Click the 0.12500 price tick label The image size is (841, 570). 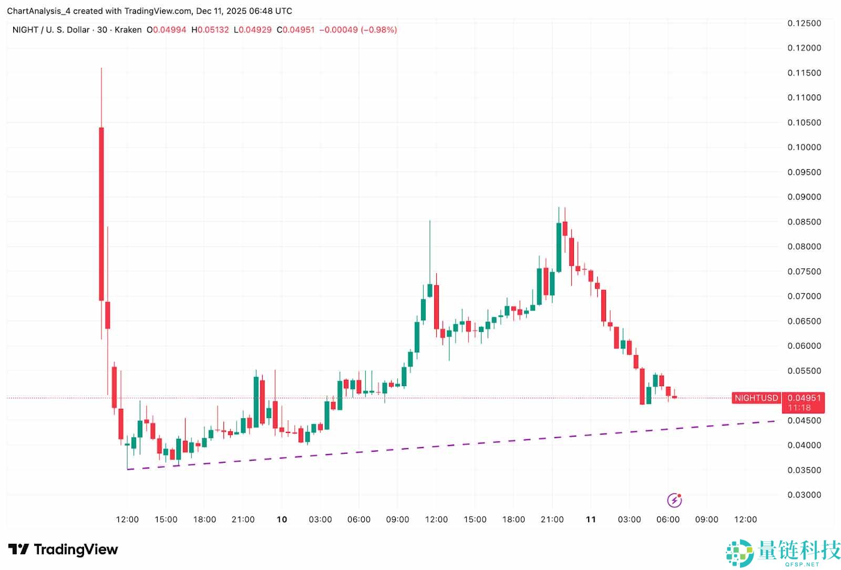point(804,23)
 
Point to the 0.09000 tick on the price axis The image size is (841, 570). point(804,197)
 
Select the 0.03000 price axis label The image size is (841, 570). point(804,495)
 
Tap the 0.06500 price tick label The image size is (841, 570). point(804,321)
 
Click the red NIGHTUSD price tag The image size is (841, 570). point(756,398)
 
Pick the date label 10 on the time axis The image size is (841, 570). point(282,520)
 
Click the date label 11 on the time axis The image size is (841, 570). point(591,520)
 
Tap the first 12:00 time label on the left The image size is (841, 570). point(127,520)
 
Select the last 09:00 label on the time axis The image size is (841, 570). point(706,520)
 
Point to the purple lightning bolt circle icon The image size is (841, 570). point(674,500)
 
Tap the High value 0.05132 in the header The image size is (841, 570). point(213,30)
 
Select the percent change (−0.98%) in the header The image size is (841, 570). point(378,30)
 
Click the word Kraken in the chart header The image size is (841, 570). point(128,30)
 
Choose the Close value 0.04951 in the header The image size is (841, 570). point(299,30)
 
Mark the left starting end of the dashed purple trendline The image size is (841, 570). point(128,469)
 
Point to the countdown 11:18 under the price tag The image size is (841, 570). point(799,408)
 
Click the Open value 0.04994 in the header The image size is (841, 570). point(169,30)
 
